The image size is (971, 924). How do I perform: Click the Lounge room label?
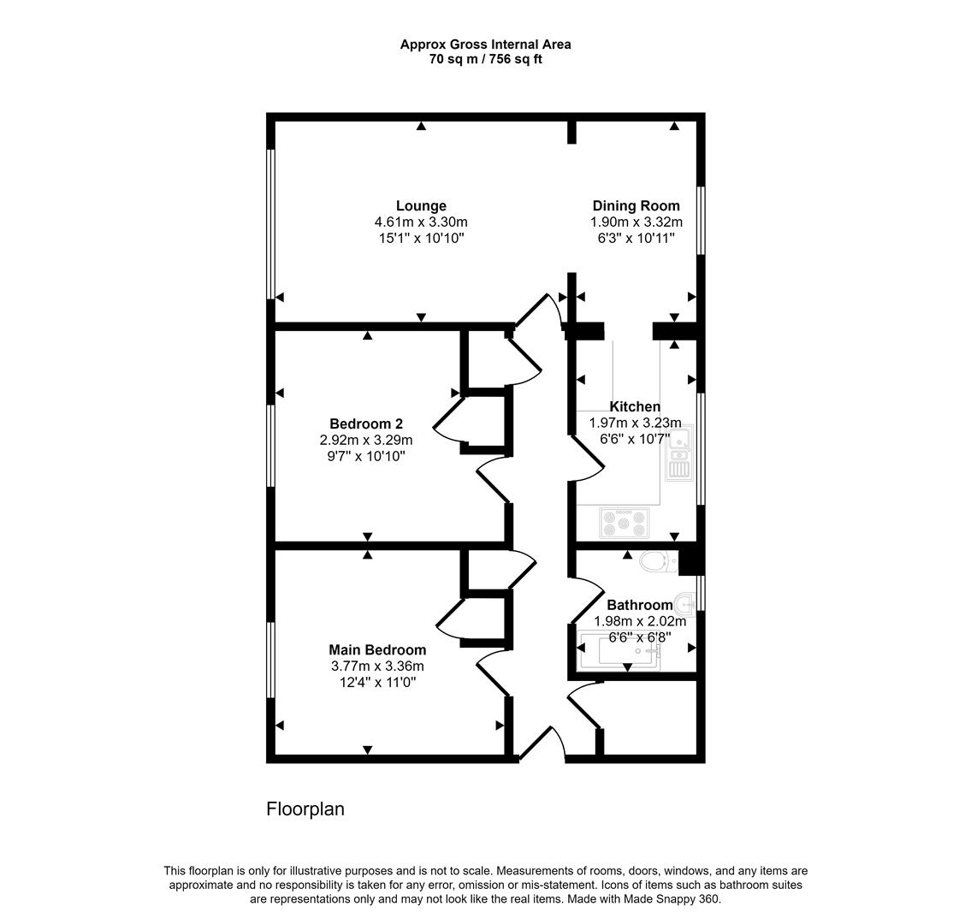pos(421,206)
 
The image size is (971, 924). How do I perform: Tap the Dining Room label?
pos(636,206)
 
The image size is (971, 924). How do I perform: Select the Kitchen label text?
pos(634,407)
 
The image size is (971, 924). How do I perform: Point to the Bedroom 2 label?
pos(366,424)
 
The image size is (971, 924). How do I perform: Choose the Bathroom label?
pos(639,606)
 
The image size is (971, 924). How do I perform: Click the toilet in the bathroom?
pos(657,562)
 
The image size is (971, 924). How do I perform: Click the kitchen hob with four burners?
pos(625,522)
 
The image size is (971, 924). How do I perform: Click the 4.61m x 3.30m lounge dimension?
pos(421,222)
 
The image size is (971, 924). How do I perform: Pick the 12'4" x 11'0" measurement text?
pos(377,682)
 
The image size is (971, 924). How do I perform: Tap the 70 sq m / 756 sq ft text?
pos(485,59)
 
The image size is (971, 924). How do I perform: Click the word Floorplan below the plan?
pos(305,808)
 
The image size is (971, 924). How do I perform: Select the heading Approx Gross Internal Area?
pos(485,44)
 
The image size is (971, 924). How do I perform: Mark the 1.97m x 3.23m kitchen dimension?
pos(635,423)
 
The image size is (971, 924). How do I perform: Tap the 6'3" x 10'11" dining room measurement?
pos(636,238)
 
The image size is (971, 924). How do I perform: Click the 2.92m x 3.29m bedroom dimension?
pos(366,441)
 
